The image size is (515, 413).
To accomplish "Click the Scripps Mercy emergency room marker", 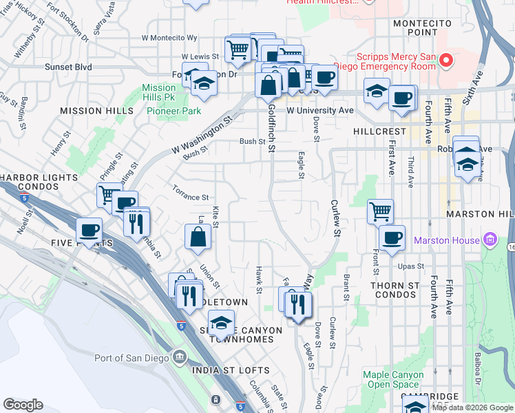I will click(445, 61).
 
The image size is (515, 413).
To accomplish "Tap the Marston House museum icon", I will click(490, 240).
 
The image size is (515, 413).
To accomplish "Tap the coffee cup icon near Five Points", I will click(89, 230).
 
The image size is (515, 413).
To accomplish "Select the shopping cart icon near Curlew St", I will click(380, 211).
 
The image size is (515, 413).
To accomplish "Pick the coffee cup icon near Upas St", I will click(392, 238).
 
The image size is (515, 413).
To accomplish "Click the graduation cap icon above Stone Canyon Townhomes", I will click(221, 322).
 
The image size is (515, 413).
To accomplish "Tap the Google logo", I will click(23, 405).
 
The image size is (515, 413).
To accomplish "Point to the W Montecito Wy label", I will click(169, 38).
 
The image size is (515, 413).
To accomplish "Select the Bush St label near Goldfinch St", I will click(252, 141).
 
